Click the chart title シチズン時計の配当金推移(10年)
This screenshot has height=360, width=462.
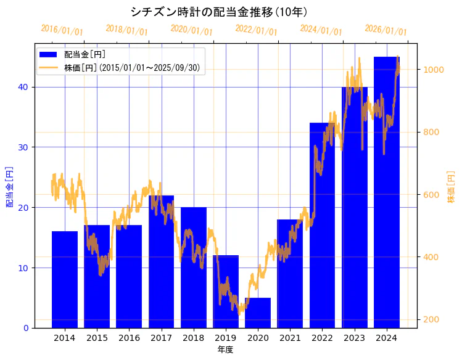pos(219,12)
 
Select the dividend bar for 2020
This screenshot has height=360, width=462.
pos(258,313)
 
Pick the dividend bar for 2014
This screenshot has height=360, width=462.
pos(65,279)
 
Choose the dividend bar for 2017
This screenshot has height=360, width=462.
pos(162,261)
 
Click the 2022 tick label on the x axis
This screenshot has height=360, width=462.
pos(322,338)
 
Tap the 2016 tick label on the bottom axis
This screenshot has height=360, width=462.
pos(129,338)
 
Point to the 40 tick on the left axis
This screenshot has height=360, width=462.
pos(23,87)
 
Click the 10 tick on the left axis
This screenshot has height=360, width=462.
pos(23,268)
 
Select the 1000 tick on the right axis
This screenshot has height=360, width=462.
pos(432,70)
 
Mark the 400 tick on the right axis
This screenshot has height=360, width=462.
pos(430,257)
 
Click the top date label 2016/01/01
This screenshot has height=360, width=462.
pos(62,30)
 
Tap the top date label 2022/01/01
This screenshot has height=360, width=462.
pos(256,30)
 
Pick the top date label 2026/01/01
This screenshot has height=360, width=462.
pos(386,30)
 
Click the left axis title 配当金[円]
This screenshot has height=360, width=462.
pos(10,186)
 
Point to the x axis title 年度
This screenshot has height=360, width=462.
pos(225,350)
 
